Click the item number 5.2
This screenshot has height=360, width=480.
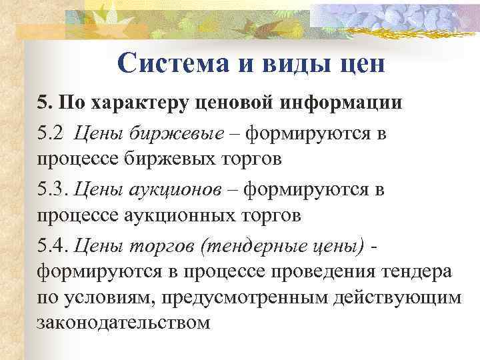[52, 135]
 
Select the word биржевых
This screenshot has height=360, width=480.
[169, 160]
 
